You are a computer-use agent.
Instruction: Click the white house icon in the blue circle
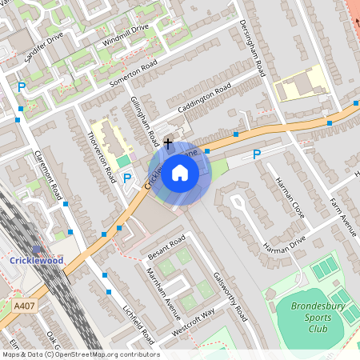point(180,172)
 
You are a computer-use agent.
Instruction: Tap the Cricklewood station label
point(37,260)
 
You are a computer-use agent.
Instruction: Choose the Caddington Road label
point(205,98)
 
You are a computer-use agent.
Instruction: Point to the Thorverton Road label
point(102,153)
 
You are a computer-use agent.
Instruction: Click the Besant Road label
point(166,247)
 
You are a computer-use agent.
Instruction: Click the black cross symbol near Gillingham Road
point(167,142)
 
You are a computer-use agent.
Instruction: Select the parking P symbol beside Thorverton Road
point(127,178)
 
